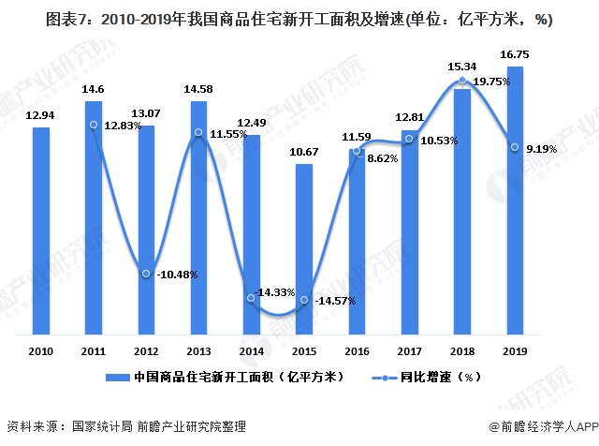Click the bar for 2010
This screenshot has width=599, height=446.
41,230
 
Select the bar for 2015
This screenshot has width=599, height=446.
304,248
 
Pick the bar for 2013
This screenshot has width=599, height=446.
198,216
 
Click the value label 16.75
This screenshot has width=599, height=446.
514,55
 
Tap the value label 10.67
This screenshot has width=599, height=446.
304,153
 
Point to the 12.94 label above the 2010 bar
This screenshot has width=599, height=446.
41,115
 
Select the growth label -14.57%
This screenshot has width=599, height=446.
335,303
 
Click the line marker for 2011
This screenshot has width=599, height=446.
94,125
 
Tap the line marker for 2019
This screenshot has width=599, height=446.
514,146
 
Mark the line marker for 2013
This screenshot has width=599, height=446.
198,133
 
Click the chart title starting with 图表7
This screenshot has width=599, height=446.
299,18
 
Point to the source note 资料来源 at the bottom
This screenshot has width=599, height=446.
126,426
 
